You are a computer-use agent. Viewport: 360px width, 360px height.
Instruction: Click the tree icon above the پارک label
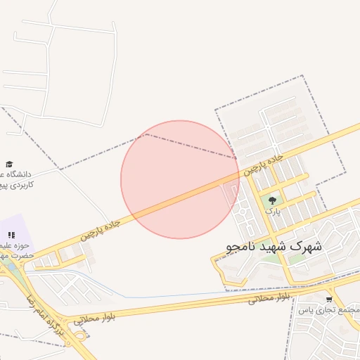[272, 200]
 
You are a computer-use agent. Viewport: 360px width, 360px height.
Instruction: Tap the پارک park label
[273, 210]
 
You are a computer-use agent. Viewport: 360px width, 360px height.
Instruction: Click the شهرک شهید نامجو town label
[275, 247]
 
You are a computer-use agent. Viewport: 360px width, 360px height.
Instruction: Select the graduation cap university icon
[9, 164]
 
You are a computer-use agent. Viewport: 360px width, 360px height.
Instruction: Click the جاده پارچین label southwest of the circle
[100, 230]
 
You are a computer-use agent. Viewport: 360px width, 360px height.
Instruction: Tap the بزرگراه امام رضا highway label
[54, 326]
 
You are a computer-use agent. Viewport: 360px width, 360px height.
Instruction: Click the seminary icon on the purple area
[11, 235]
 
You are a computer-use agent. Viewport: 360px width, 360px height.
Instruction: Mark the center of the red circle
[180, 179]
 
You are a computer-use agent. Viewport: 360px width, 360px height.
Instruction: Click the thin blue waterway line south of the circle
[176, 296]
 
